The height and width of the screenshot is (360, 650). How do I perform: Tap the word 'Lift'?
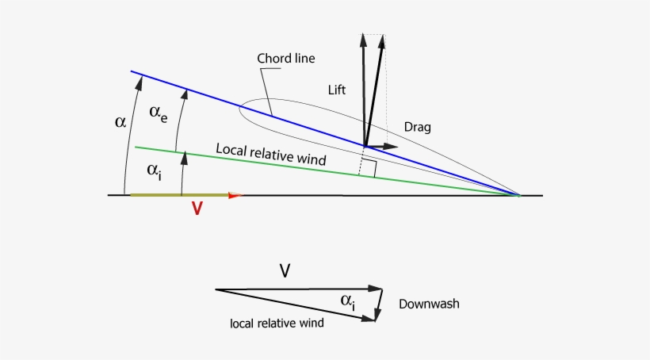pyautogui.click(x=338, y=90)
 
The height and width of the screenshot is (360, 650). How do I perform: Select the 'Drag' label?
pyautogui.click(x=417, y=127)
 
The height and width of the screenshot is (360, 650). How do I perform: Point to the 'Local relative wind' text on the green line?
pyautogui.click(x=271, y=154)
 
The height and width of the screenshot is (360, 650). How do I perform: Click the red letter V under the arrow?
pyautogui.click(x=197, y=209)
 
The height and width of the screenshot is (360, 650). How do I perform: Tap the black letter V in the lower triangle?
pyautogui.click(x=285, y=271)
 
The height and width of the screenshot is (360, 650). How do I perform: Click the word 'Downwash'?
pyautogui.click(x=429, y=304)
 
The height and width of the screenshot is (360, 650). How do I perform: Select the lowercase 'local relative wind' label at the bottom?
pyautogui.click(x=277, y=323)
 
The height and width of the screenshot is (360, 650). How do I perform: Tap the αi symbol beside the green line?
pyautogui.click(x=155, y=170)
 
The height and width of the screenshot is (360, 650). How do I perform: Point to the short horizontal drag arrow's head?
pyautogui.click(x=394, y=147)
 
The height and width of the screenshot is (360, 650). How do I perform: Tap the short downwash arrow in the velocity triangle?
pyautogui.click(x=380, y=305)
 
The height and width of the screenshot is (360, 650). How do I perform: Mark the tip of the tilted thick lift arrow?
pyautogui.click(x=384, y=36)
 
